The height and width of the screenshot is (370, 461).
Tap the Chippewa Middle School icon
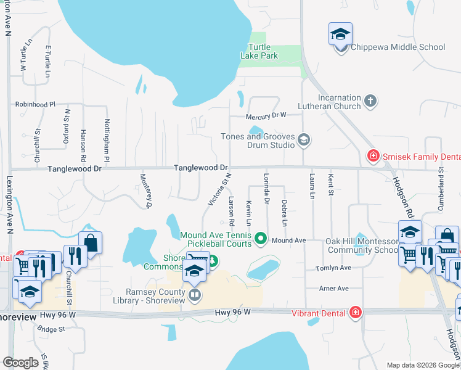point(340,36)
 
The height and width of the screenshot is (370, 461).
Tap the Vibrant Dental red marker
point(355,313)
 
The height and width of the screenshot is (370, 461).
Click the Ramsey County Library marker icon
point(195,295)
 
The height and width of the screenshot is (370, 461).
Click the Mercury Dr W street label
point(266,115)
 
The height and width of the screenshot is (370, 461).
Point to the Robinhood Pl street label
point(35,105)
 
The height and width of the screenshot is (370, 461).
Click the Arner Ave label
point(333,289)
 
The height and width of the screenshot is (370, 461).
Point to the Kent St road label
point(331,186)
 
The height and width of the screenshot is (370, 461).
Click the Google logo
point(20,363)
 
